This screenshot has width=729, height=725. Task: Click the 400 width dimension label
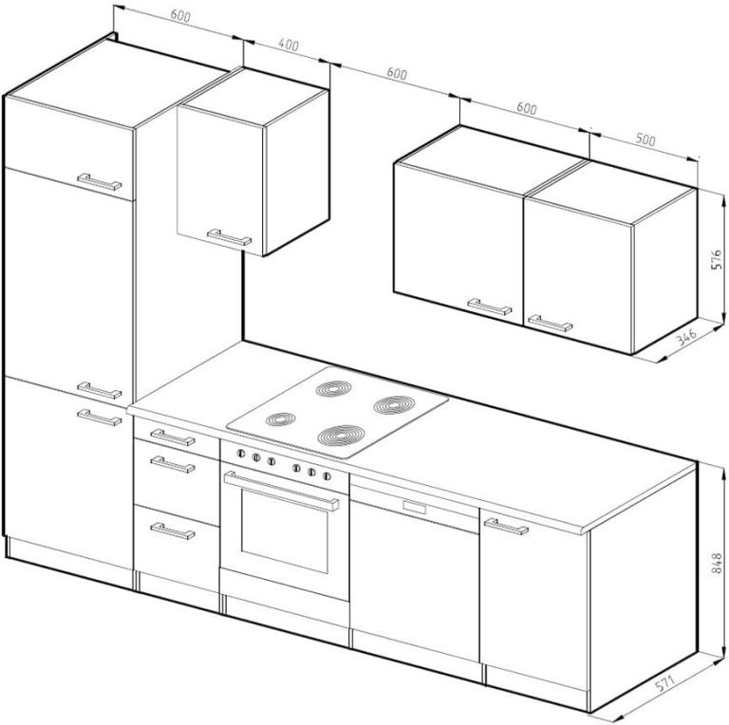click(x=289, y=45)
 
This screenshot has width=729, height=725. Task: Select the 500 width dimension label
click(x=645, y=139)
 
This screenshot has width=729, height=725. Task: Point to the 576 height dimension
click(x=717, y=259)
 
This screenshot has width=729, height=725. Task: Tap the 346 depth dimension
click(x=686, y=337)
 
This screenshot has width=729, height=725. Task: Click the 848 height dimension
click(x=717, y=563)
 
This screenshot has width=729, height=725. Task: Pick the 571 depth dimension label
click(x=664, y=684)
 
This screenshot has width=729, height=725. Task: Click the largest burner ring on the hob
click(x=342, y=436)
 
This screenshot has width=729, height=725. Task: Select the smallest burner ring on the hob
click(x=280, y=419)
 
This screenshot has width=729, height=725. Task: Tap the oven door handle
click(x=281, y=491)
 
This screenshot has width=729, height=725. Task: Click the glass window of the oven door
click(x=285, y=530)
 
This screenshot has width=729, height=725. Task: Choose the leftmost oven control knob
click(x=241, y=454)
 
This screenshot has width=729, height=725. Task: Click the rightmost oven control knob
click(x=327, y=475)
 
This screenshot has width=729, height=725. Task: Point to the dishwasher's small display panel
click(x=415, y=507)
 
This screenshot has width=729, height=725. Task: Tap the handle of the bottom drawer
click(x=172, y=530)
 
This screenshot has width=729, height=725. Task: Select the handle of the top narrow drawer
click(x=172, y=437)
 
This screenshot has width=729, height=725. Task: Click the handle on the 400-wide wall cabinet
click(x=229, y=237)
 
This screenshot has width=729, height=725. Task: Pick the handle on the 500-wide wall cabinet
click(x=550, y=323)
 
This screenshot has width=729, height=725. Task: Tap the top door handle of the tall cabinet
click(x=100, y=182)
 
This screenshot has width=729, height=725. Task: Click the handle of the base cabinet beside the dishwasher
click(x=506, y=527)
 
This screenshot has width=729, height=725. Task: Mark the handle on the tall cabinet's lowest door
click(x=100, y=418)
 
